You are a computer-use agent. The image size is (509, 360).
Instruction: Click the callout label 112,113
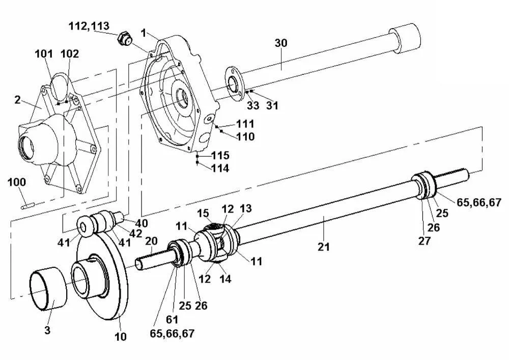pos(89,26)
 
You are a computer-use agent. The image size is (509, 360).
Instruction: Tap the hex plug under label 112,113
pos(124,39)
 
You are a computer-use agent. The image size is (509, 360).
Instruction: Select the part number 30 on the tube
pos(281,43)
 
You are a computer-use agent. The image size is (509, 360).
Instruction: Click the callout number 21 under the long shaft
pos(324,247)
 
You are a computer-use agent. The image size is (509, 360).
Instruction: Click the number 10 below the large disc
pos(120,337)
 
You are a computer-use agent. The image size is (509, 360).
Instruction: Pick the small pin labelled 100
pos(27,206)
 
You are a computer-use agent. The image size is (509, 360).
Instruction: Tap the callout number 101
pos(44,53)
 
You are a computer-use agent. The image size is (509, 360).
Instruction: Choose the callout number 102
pos(70,53)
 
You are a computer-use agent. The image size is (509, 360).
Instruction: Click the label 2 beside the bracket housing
pos(17,100)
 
